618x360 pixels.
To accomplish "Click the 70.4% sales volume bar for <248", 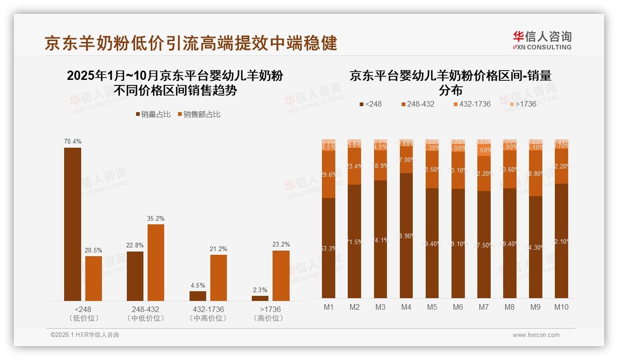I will coord(72,224).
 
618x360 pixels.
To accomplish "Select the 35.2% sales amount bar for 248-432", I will coord(156,263).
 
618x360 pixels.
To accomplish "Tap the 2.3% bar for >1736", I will coord(260,298).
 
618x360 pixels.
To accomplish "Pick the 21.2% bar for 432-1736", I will coord(219,278).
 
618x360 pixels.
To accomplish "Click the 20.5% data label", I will coord(93,250).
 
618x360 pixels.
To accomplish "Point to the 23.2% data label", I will coord(281,245).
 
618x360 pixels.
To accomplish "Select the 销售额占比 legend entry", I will coord(199,114).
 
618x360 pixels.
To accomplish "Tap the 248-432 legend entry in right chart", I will coord(417,104).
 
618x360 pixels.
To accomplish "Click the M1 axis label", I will coord(328,307).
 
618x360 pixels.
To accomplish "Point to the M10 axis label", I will coord(561,307).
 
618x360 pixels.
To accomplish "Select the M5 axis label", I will coord(432,307).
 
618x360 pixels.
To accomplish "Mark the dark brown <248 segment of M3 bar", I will coord(380,239).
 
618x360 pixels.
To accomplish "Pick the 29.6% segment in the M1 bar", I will coord(328,174).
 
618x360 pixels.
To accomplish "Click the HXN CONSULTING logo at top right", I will coord(542,41).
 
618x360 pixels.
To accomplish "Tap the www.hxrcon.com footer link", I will coord(536,335).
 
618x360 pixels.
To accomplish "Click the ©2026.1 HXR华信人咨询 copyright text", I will coord(85,335).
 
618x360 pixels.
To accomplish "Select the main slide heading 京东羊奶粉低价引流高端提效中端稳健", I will coord(191,43).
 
